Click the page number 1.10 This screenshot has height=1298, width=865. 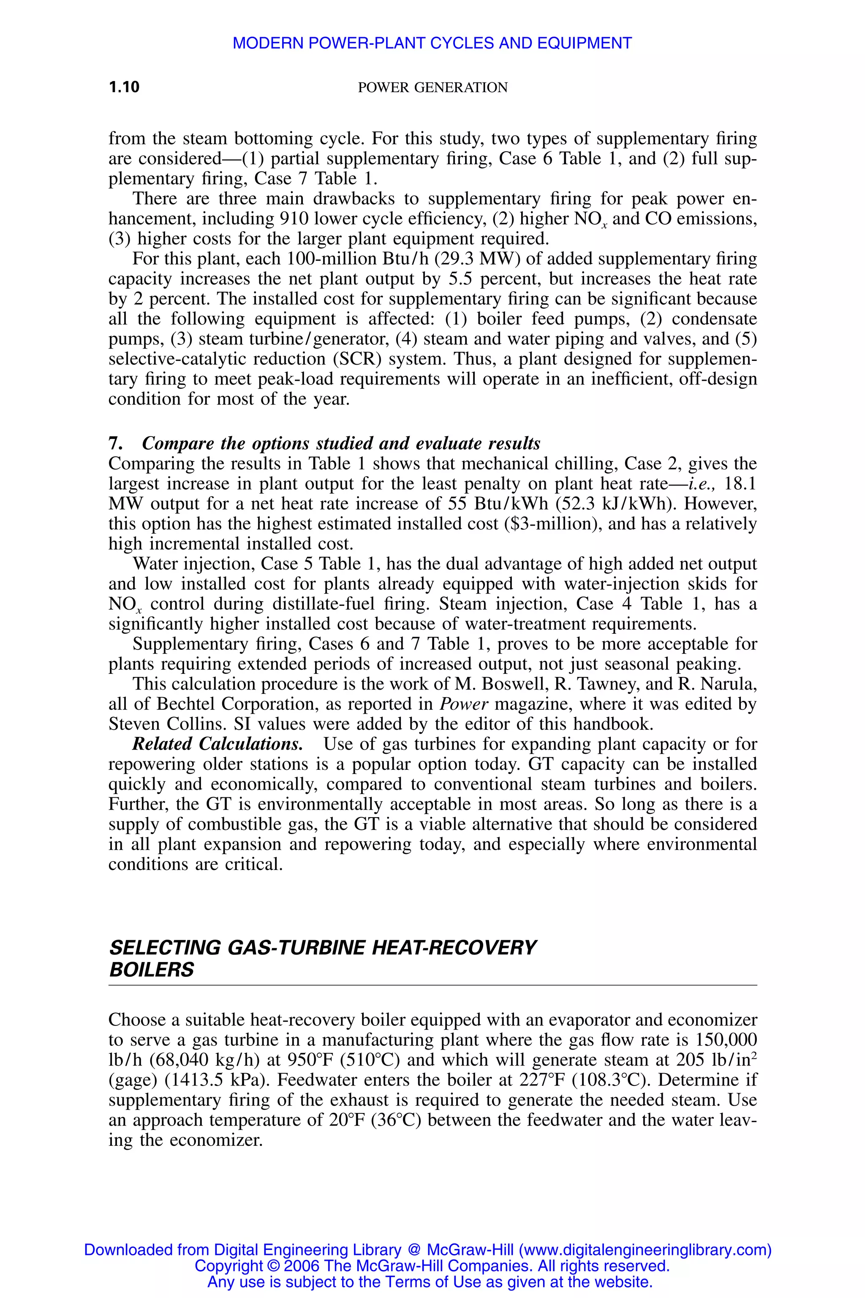tap(124, 87)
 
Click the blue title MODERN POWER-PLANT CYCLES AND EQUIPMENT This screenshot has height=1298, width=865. tap(432, 43)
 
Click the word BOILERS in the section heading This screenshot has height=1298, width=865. tap(152, 969)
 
